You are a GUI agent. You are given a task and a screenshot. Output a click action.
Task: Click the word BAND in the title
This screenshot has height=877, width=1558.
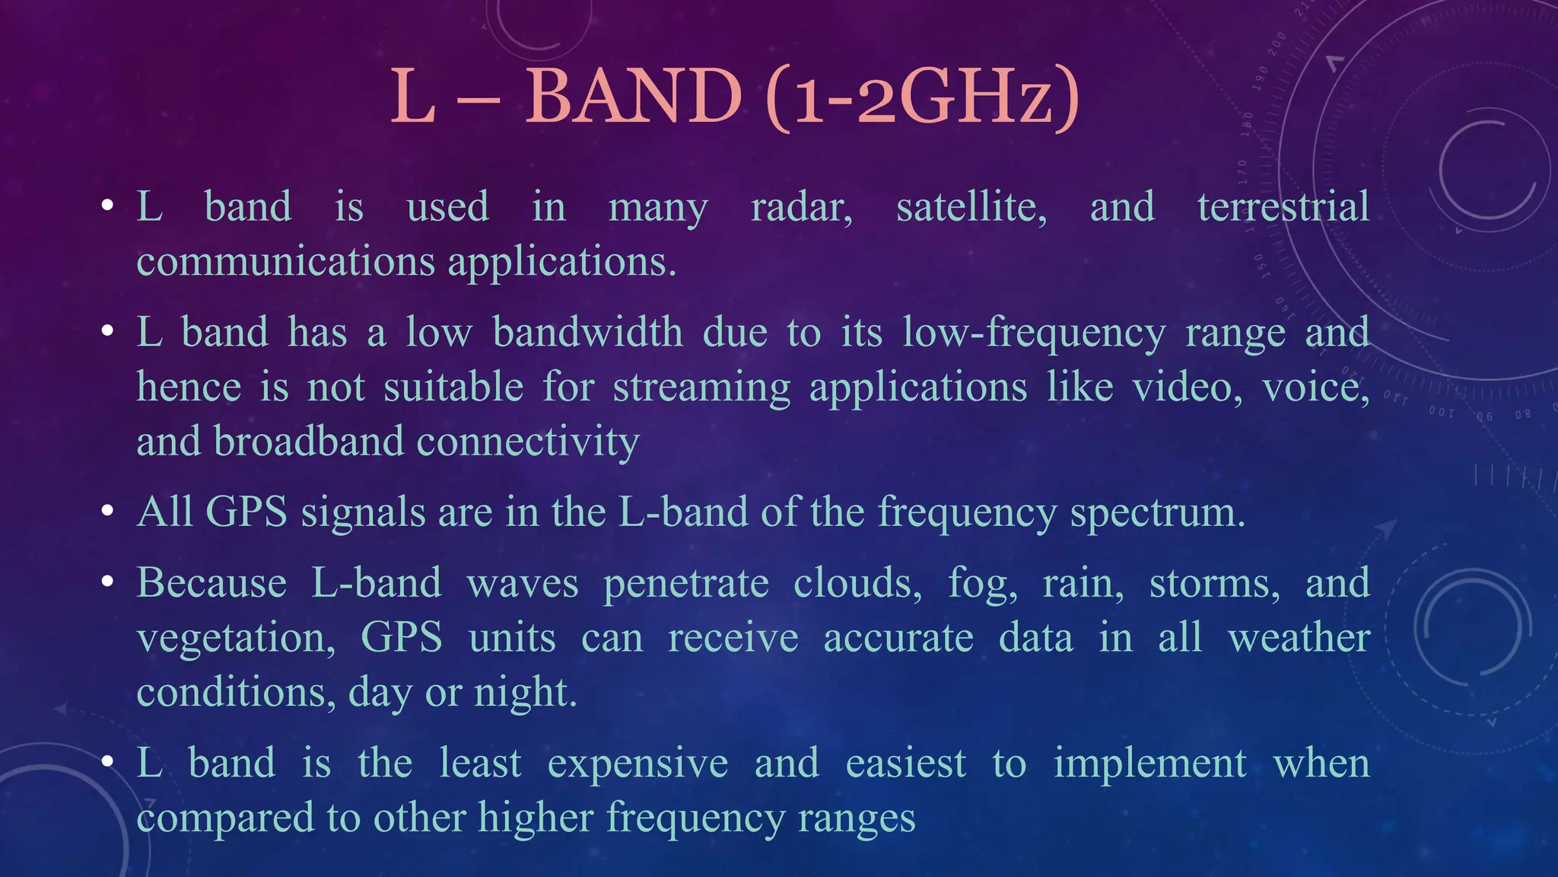click(633, 97)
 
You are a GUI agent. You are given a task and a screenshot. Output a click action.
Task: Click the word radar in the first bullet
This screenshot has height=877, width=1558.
click(800, 207)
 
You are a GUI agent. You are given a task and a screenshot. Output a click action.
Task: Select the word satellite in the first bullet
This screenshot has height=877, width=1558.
click(971, 207)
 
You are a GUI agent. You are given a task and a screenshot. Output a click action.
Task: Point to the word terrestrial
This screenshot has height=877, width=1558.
click(1283, 207)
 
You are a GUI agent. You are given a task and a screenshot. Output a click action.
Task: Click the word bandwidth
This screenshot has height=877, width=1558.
click(587, 333)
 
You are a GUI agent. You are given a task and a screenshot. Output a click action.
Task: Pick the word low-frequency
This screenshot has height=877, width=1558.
click(1033, 333)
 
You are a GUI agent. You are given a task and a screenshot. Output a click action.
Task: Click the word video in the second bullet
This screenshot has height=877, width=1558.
click(1187, 387)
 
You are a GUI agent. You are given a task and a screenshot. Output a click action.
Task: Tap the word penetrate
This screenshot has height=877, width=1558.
click(685, 584)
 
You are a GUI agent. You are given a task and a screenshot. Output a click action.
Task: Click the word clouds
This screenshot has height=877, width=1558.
click(857, 584)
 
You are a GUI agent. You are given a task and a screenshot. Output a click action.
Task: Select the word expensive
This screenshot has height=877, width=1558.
click(638, 763)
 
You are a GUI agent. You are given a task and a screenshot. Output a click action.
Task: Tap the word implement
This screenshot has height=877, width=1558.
click(1149, 763)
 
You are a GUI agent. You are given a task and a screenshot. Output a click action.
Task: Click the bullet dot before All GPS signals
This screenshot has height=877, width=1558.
click(108, 512)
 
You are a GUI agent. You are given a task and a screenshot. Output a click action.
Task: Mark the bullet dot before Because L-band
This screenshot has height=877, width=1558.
click(108, 583)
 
